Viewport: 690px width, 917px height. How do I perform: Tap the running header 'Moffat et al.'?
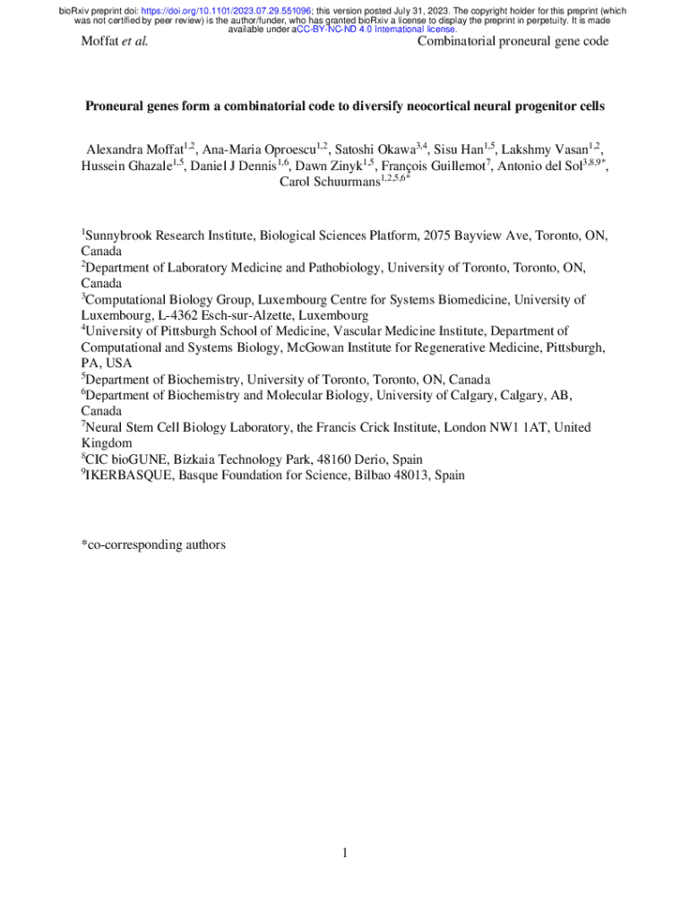tap(114, 41)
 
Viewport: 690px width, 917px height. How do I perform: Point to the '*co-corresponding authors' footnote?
tap(153, 544)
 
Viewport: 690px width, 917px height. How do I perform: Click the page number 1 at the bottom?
tap(344, 852)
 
